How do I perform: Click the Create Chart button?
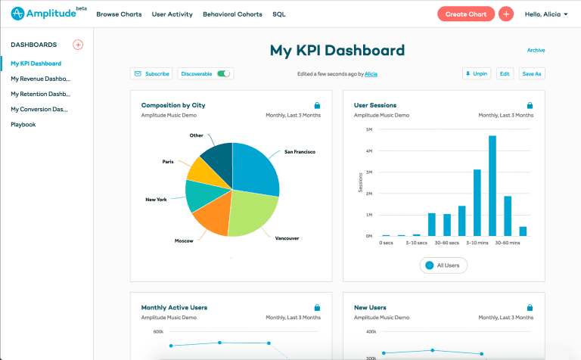[466, 14]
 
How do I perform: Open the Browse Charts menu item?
[119, 14]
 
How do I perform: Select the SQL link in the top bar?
[278, 14]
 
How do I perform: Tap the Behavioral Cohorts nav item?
[232, 14]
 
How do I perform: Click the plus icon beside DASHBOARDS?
[78, 45]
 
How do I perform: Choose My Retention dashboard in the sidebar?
[40, 94]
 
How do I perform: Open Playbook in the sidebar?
[23, 124]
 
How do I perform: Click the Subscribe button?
[151, 73]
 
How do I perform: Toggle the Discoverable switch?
[223, 73]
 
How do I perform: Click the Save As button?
[533, 73]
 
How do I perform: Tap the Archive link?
[536, 51]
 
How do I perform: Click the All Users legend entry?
[443, 265]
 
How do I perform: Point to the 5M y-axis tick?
[368, 129]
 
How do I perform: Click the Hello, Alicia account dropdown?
[545, 14]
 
